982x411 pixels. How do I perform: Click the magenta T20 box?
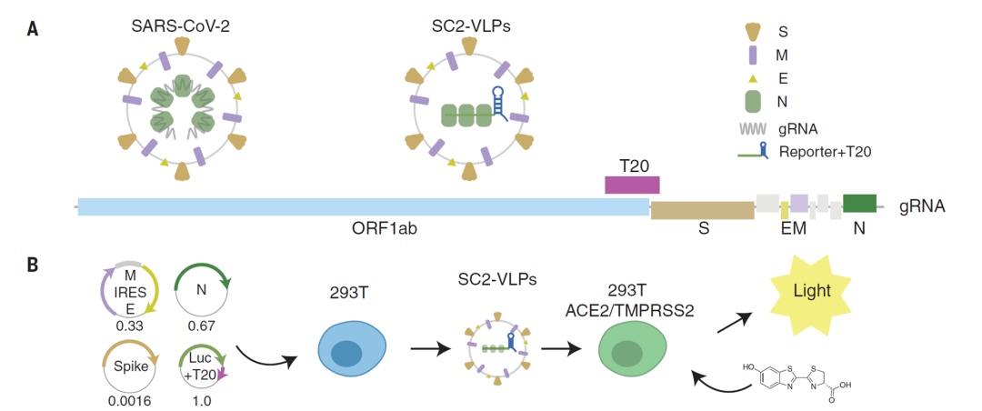632,185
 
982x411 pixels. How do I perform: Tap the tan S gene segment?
702,210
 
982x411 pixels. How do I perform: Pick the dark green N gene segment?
859,203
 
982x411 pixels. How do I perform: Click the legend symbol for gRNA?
753,129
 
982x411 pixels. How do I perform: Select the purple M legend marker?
753,55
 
